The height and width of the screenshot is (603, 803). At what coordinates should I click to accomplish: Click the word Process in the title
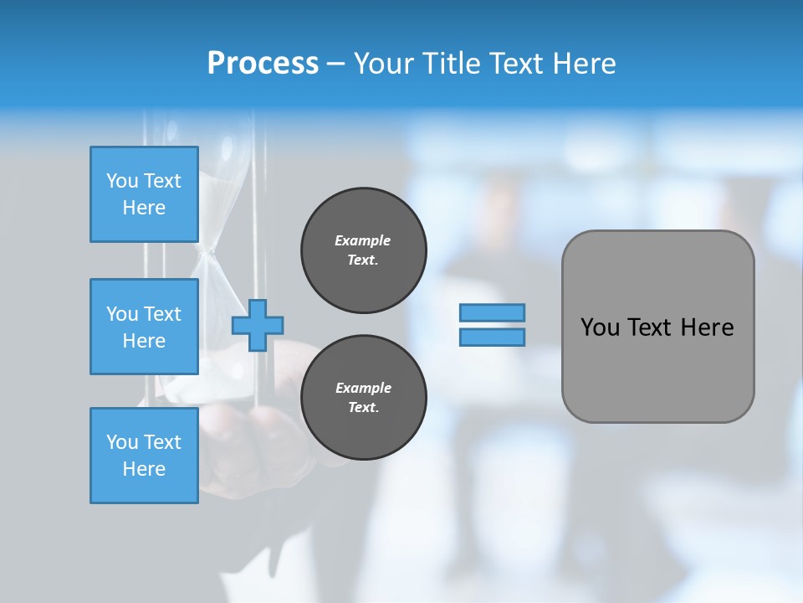click(263, 64)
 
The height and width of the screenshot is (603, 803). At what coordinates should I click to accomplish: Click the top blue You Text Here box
click(144, 194)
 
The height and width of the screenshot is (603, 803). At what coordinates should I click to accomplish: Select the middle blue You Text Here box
click(144, 327)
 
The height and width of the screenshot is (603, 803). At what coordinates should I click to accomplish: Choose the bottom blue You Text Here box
click(144, 456)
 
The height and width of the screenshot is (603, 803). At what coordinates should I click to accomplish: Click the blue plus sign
click(258, 326)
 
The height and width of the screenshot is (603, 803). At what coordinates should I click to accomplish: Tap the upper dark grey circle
click(364, 250)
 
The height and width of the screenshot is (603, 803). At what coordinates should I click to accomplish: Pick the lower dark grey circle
click(364, 397)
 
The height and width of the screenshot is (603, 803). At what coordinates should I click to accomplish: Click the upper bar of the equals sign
click(492, 313)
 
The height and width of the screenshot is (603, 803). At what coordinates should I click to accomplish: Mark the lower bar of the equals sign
click(492, 337)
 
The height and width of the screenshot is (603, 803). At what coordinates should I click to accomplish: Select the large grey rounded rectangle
click(657, 327)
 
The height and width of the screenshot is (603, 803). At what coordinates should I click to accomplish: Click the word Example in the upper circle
click(363, 240)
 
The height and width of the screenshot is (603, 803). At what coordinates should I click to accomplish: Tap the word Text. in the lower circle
click(363, 407)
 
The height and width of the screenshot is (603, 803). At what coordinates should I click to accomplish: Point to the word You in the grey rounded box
click(599, 327)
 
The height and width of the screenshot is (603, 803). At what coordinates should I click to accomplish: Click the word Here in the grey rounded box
click(707, 327)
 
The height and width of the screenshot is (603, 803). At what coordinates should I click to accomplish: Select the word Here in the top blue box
click(144, 208)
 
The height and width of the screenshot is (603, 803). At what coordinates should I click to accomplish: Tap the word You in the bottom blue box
click(121, 442)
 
